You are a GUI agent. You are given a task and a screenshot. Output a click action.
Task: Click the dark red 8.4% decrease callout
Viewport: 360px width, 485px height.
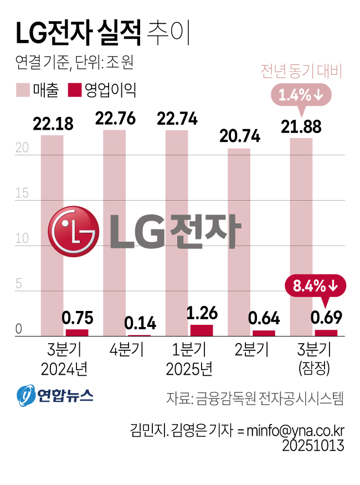315,286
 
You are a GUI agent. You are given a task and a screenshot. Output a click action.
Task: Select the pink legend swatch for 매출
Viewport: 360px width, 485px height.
23,90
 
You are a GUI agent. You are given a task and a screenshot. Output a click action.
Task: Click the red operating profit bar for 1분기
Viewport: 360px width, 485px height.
202,330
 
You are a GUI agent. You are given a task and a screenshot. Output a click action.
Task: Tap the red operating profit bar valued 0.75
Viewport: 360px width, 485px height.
77,333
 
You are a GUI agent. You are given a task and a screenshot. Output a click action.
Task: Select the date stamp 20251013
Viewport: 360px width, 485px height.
313,446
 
